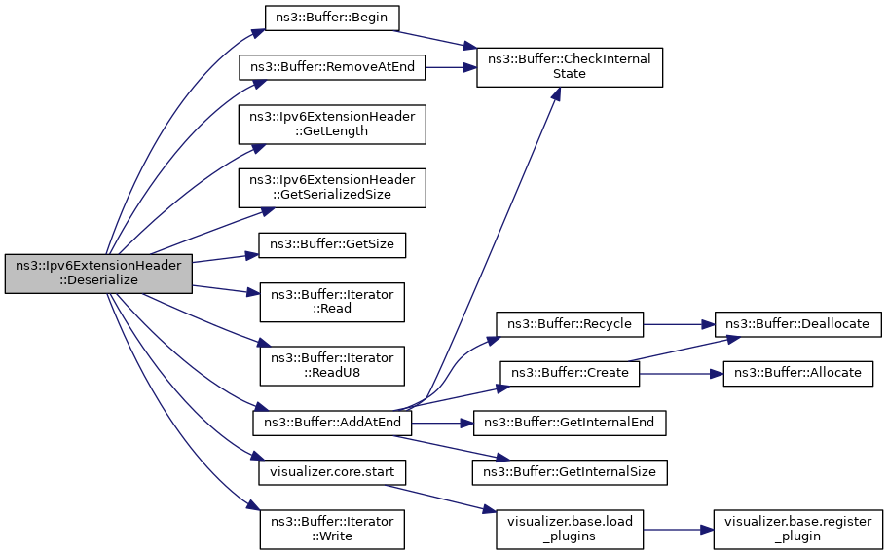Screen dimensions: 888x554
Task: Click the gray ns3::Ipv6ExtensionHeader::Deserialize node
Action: click(98, 274)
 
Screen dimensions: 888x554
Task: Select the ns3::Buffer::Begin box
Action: click(332, 18)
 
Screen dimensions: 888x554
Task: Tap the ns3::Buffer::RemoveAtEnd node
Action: click(332, 67)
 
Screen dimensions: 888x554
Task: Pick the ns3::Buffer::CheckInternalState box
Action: click(570, 67)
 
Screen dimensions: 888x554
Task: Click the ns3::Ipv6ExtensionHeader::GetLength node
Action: click(332, 124)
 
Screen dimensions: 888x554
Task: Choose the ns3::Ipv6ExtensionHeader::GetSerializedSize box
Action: click(332, 188)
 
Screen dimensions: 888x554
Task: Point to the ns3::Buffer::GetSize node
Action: click(332, 245)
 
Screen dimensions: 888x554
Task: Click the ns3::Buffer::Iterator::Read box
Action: click(332, 302)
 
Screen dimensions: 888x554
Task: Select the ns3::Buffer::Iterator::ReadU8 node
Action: click(332, 365)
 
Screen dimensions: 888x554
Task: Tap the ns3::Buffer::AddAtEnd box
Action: click(332, 423)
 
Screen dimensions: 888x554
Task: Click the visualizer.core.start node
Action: click(332, 472)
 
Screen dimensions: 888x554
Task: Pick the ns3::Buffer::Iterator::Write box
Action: click(332, 529)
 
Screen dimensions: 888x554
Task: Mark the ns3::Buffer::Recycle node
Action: click(570, 324)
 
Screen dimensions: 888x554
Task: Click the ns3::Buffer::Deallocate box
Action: click(797, 324)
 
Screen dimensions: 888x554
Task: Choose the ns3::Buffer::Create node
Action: click(570, 373)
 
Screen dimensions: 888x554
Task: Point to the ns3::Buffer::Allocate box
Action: click(797, 373)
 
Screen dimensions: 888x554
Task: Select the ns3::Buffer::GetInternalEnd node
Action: click(570, 423)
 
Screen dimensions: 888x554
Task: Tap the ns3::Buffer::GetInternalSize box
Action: click(570, 472)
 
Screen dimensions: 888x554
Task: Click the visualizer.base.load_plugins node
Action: click(570, 529)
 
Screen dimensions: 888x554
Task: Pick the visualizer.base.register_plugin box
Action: click(797, 529)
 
